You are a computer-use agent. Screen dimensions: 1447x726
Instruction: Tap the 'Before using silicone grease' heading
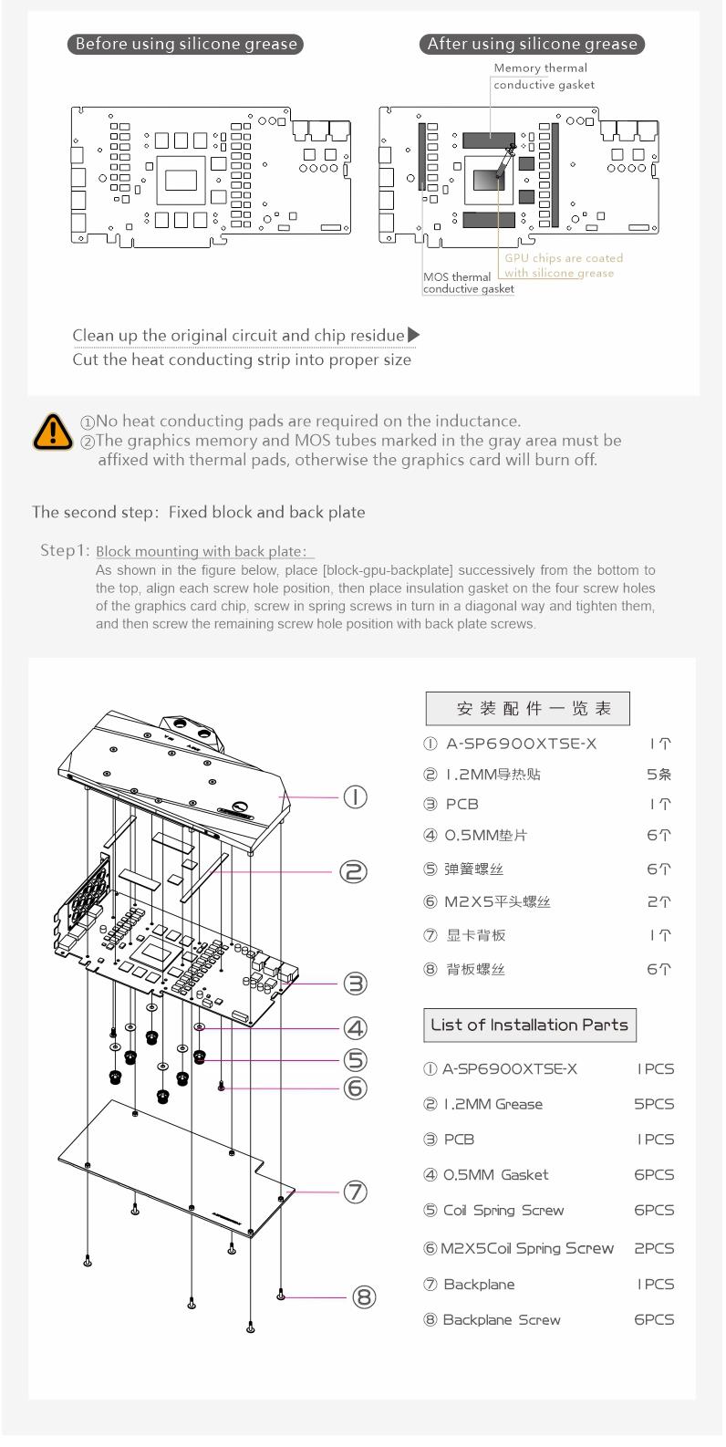pyautogui.click(x=186, y=44)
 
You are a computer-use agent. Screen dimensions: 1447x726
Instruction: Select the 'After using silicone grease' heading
pyautogui.click(x=534, y=44)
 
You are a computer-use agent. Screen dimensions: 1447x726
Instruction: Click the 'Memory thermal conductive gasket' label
pyautogui.click(x=543, y=77)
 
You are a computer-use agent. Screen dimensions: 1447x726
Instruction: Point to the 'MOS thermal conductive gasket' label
pyautogui.click(x=468, y=283)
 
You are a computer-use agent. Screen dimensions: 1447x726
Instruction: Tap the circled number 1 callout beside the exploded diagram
pyautogui.click(x=355, y=796)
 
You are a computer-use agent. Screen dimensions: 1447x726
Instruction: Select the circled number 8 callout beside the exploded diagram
pyautogui.click(x=364, y=1296)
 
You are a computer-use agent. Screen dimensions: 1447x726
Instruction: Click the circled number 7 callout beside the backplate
pyautogui.click(x=355, y=1192)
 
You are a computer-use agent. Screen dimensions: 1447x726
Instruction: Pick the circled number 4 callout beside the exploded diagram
pyautogui.click(x=355, y=1028)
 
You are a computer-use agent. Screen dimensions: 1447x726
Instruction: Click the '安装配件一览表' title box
pyautogui.click(x=527, y=708)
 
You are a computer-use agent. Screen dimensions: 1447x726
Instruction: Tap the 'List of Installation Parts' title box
pyautogui.click(x=529, y=1025)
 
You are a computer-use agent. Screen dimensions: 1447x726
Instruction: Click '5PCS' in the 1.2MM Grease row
pyautogui.click(x=654, y=1104)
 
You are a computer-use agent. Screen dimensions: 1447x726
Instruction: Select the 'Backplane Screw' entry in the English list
pyautogui.click(x=501, y=1319)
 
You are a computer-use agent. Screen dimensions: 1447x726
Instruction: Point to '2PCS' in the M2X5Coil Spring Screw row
pyautogui.click(x=654, y=1248)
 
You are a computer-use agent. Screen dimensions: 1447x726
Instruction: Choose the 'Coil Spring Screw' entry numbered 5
pyautogui.click(x=503, y=1211)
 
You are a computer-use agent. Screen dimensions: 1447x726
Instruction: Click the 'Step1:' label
pyautogui.click(x=66, y=551)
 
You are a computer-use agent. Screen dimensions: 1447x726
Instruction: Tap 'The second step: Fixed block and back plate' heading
pyautogui.click(x=199, y=512)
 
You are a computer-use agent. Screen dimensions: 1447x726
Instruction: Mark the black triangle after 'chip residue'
pyautogui.click(x=413, y=335)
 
